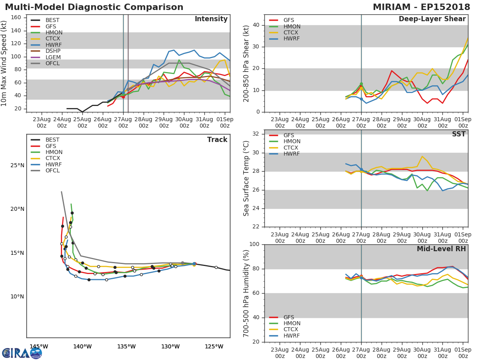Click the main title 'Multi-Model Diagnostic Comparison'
[94, 7]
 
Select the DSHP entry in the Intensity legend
[53, 51]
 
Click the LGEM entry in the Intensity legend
[53, 57]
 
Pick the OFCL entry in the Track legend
[52, 171]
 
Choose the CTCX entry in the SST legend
[292, 148]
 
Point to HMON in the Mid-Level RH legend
[292, 324]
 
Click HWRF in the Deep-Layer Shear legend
[291, 39]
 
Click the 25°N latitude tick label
[17, 166]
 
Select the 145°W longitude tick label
[39, 346]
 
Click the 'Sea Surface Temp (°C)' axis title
[247, 178]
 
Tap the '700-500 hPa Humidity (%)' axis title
[247, 293]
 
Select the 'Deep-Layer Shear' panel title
[432, 19]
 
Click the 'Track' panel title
[217, 140]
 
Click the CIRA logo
[22, 353]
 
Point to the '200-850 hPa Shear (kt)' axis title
[247, 63]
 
